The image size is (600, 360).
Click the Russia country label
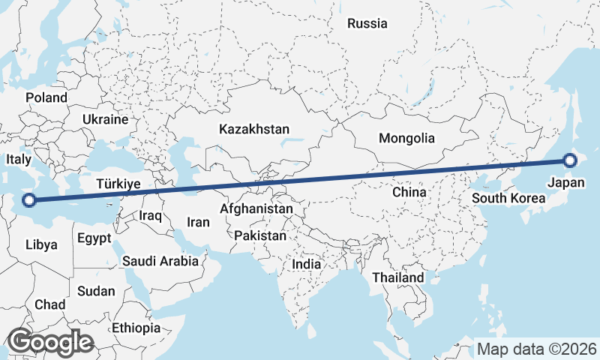click(x=367, y=23)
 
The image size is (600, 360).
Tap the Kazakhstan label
click(x=254, y=130)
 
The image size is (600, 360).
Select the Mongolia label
click(x=406, y=138)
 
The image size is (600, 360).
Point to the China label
click(x=409, y=192)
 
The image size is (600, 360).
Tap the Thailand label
click(x=398, y=277)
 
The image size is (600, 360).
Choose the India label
click(x=306, y=264)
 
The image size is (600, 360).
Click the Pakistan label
click(x=260, y=235)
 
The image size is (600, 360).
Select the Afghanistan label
click(x=256, y=208)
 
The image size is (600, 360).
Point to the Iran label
click(x=198, y=222)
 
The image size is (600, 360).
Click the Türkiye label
click(x=119, y=184)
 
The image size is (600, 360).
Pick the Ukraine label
click(x=106, y=119)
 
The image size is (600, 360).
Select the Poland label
click(x=46, y=97)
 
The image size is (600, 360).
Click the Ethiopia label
click(x=136, y=328)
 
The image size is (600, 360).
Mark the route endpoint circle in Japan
click(x=570, y=160)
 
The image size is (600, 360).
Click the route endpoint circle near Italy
click(x=29, y=199)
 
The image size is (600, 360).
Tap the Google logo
click(x=50, y=341)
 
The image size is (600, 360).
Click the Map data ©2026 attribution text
click(x=536, y=349)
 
